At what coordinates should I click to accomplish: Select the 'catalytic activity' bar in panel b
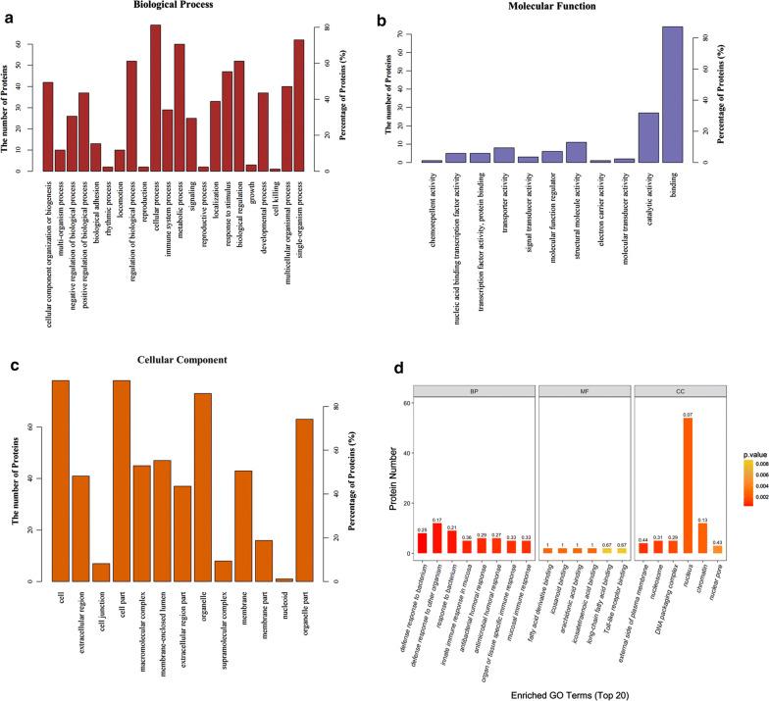(648, 138)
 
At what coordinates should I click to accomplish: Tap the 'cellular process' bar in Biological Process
(155, 98)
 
